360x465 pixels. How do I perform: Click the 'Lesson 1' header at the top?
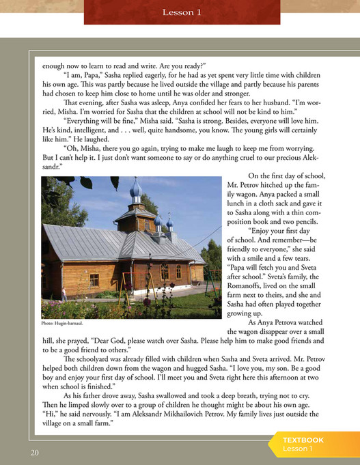point(181,12)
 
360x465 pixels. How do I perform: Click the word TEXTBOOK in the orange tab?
point(303,440)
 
